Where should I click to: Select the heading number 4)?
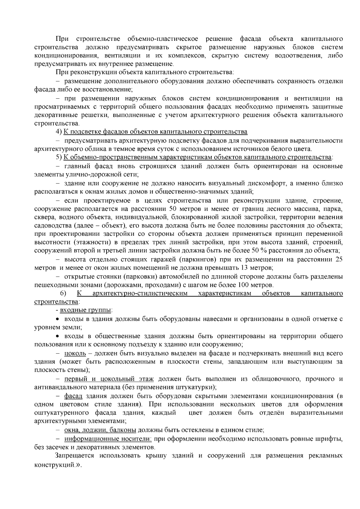(x=59, y=132)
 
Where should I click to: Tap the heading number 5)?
(x=59, y=157)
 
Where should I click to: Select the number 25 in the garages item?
(x=339, y=259)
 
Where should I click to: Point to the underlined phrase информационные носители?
(x=108, y=439)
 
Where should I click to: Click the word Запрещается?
(x=74, y=456)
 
